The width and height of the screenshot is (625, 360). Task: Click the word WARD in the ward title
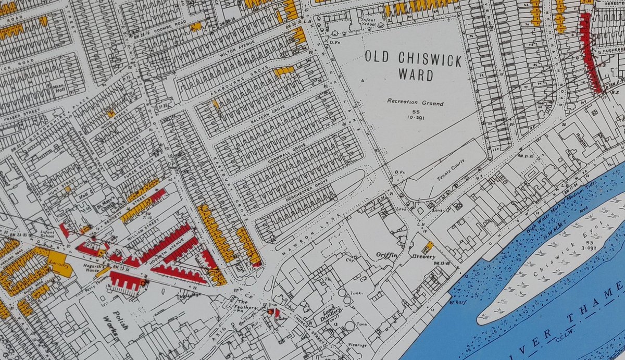(415, 75)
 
